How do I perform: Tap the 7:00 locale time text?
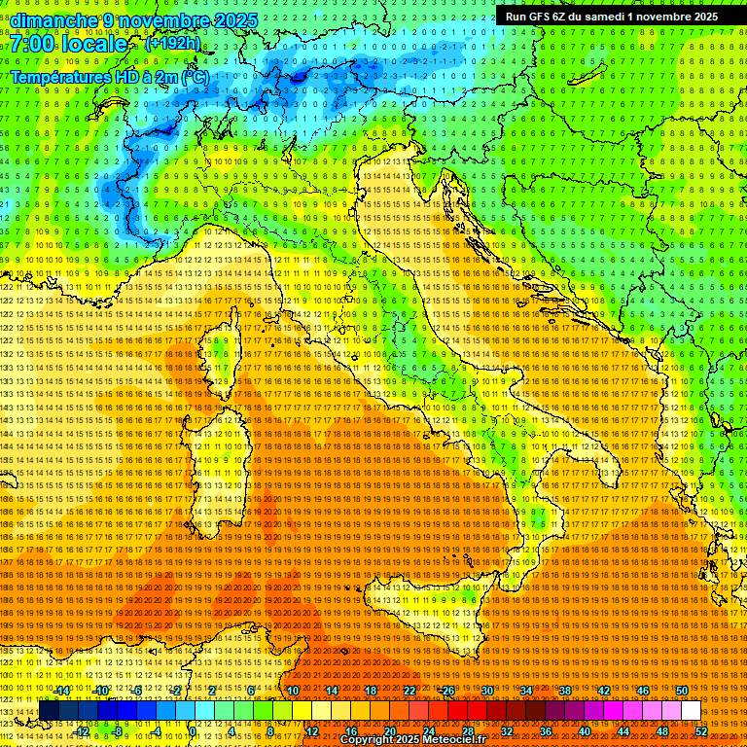(x=69, y=45)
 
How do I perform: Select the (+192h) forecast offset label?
(x=173, y=43)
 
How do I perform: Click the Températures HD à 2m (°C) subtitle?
(x=109, y=77)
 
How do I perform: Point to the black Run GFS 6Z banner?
(x=612, y=17)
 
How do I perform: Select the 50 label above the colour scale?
(x=681, y=691)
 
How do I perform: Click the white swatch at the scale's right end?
(x=691, y=711)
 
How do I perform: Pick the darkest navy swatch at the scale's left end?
(x=49, y=711)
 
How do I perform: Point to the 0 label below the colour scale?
(x=194, y=730)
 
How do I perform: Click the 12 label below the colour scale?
(x=312, y=730)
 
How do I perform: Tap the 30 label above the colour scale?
(x=486, y=691)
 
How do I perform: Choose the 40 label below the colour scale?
(x=585, y=730)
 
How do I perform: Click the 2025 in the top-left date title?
(x=235, y=20)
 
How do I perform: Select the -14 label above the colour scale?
(x=60, y=691)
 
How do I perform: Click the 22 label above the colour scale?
(x=409, y=691)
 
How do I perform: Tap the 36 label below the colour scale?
(x=546, y=730)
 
